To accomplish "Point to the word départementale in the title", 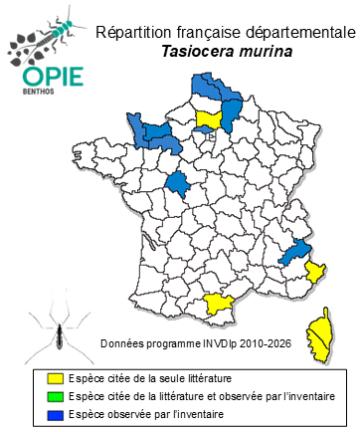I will (291, 33).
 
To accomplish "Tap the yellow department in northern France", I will (210, 119).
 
